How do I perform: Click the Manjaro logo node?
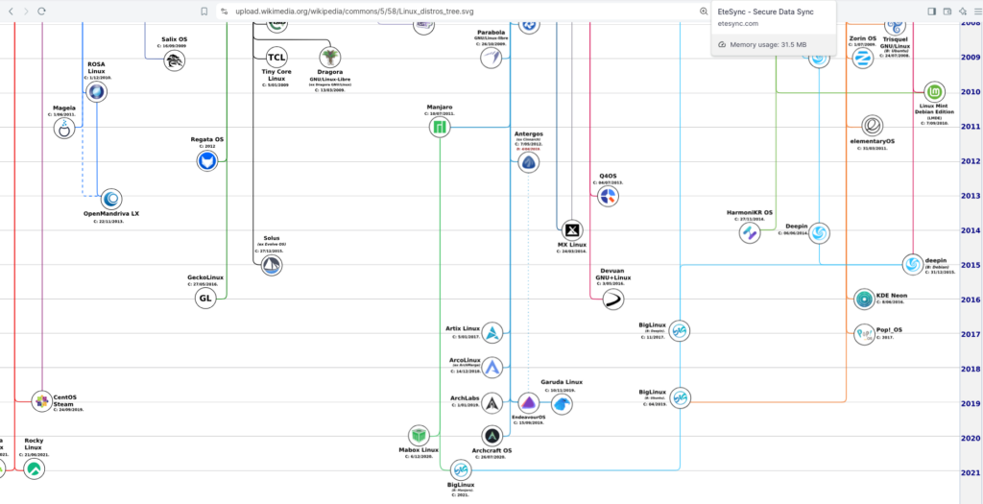pos(440,127)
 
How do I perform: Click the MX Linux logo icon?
pos(572,230)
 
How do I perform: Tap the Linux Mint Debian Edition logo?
pos(933,92)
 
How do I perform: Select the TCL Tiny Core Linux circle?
pos(276,57)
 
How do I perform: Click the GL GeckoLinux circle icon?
pos(205,299)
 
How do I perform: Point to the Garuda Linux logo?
pos(562,404)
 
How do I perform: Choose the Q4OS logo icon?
pos(608,197)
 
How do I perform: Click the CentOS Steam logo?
pos(41,401)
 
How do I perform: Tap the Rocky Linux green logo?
pos(33,468)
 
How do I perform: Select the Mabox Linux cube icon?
pos(418,435)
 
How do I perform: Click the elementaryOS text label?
pos(872,141)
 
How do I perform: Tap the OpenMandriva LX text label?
pos(111,213)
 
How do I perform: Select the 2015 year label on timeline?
pos(971,265)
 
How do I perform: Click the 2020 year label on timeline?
pos(971,438)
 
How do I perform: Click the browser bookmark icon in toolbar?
pos(204,11)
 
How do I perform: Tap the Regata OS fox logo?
pos(206,162)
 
